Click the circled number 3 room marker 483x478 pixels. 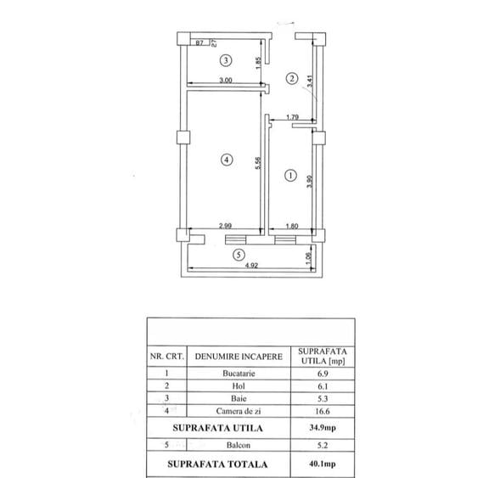[x=226, y=60]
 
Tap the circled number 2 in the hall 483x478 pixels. [x=292, y=78]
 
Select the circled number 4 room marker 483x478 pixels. [x=227, y=160]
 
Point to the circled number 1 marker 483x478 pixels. [x=290, y=176]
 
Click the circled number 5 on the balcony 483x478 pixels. [x=239, y=255]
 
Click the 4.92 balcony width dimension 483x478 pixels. [x=251, y=266]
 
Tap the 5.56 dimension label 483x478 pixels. [x=258, y=163]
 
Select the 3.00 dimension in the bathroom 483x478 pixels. [x=226, y=80]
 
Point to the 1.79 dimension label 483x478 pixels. [x=292, y=117]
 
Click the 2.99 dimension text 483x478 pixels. [x=225, y=226]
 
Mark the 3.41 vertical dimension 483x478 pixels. [x=310, y=82]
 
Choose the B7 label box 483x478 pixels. [x=199, y=42]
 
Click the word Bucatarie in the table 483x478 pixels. [x=239, y=374]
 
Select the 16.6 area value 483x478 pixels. [x=323, y=411]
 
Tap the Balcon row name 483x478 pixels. [x=239, y=445]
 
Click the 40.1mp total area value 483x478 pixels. [x=323, y=464]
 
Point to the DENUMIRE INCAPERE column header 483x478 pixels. [x=239, y=357]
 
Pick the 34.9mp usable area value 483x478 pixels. [x=323, y=428]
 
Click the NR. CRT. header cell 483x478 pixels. [x=167, y=357]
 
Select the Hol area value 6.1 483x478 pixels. [x=323, y=386]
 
